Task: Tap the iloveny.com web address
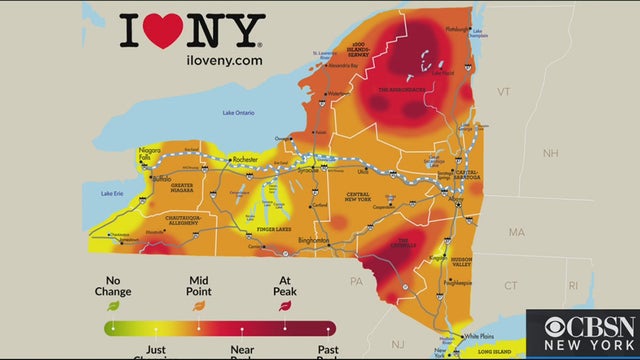click(x=191, y=60)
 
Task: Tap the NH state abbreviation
click(x=550, y=153)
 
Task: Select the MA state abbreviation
click(x=516, y=232)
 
